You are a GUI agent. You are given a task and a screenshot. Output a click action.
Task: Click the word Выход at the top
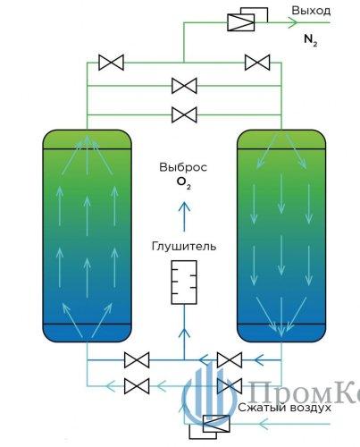click(x=311, y=11)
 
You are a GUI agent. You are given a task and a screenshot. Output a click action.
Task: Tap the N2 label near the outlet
click(x=311, y=39)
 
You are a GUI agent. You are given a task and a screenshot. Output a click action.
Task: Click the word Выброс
click(x=183, y=167)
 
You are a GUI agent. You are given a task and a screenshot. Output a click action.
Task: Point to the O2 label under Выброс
click(x=184, y=183)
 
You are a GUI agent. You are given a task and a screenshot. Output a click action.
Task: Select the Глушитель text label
click(x=184, y=247)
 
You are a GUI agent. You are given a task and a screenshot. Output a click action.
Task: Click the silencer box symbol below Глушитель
click(x=184, y=283)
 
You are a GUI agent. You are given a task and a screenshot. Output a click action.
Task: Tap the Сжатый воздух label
click(x=284, y=408)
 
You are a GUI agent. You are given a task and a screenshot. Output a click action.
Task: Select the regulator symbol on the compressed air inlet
click(x=210, y=426)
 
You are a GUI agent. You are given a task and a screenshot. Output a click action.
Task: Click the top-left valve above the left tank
click(x=111, y=63)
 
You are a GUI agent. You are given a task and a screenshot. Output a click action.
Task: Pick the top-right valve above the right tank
click(x=257, y=63)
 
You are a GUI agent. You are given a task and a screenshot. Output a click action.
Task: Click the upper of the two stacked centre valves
click(x=184, y=86)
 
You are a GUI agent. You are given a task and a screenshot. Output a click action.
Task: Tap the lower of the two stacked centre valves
click(x=184, y=115)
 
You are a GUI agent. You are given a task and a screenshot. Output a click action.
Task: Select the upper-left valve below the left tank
click(x=137, y=360)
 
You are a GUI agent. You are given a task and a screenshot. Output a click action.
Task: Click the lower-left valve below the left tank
click(x=137, y=386)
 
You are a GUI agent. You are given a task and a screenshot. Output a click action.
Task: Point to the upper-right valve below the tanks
click(x=230, y=360)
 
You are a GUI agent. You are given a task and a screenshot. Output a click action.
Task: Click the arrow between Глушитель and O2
click(x=184, y=216)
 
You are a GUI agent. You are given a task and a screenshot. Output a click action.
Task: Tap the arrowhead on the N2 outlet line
click(x=293, y=22)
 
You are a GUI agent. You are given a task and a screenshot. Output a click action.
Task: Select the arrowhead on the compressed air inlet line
click(x=264, y=424)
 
